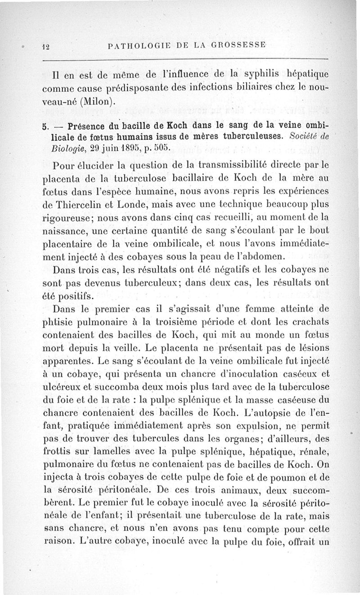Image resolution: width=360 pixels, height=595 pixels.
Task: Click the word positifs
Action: (x=75, y=297)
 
